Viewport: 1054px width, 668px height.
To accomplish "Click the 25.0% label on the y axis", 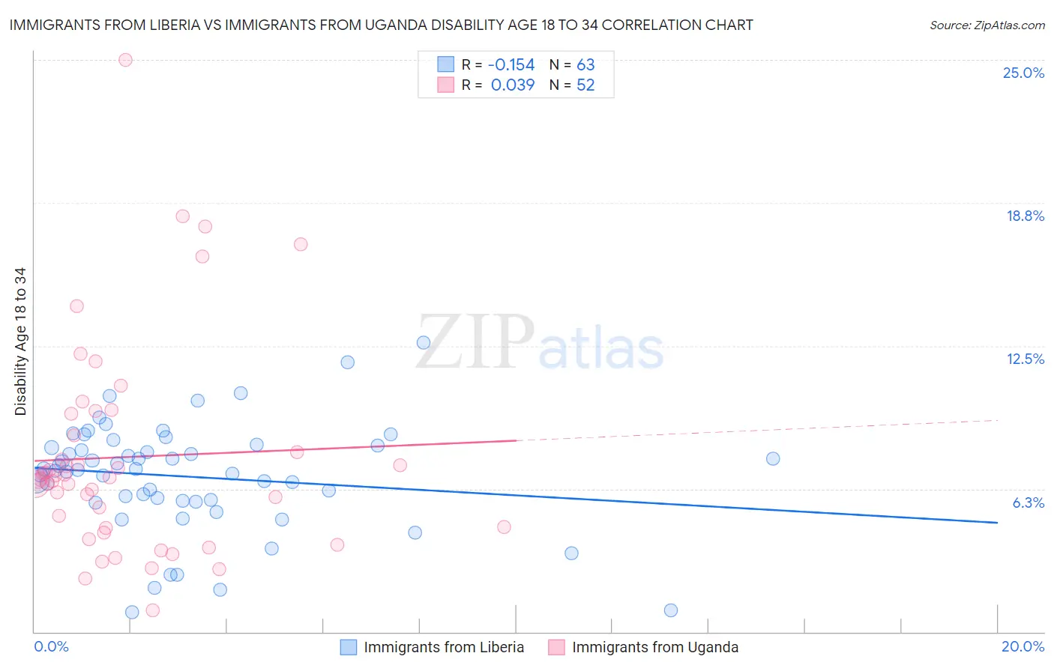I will point(1023,73).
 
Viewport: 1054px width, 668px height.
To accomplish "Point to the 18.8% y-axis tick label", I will point(1025,216).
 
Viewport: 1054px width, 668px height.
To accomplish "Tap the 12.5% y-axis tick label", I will point(1025,359).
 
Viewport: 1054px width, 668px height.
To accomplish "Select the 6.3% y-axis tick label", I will point(1028,502).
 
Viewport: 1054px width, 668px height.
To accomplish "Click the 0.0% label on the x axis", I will point(52,646).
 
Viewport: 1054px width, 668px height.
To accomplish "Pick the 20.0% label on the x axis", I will point(1023,646).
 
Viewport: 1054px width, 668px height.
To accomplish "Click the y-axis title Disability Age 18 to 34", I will point(20,341).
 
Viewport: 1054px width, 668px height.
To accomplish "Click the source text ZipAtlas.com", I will point(987,25).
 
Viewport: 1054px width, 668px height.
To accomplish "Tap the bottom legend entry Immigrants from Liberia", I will point(444,647).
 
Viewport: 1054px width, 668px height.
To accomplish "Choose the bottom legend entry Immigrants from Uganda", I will point(654,647).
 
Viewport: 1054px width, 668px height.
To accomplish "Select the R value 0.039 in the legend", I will point(513,85).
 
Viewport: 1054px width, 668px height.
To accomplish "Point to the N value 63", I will point(585,65).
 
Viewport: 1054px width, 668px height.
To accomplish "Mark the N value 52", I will point(585,85).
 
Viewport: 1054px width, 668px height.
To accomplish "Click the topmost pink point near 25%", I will point(125,60).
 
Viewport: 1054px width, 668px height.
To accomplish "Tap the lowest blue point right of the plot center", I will point(671,610).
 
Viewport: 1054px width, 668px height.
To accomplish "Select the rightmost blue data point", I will point(773,458).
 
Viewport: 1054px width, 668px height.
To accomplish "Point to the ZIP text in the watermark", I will point(474,342).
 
